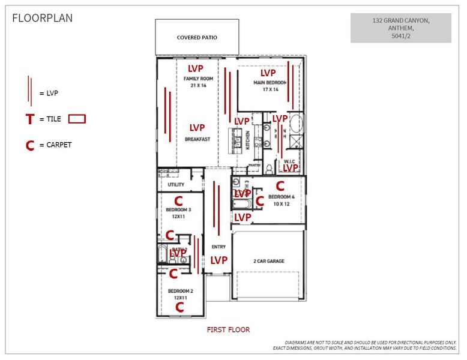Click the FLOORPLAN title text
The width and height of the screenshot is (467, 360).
(x=43, y=18)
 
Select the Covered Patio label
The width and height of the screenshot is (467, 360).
(x=197, y=38)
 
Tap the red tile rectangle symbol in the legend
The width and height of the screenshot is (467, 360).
(x=77, y=119)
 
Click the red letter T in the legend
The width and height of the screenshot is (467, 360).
(x=29, y=119)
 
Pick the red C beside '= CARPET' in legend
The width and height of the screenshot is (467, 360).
(x=29, y=145)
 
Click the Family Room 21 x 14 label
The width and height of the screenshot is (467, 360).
(x=198, y=82)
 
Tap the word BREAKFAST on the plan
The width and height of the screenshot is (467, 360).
(x=197, y=139)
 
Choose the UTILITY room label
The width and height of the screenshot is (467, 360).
(x=176, y=185)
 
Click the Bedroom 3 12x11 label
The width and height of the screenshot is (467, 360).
(x=178, y=213)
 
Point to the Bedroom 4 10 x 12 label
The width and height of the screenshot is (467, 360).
(x=281, y=200)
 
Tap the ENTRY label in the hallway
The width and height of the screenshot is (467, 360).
(x=218, y=247)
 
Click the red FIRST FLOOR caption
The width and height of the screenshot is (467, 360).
(x=228, y=329)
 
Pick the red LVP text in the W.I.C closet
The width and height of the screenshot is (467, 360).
(x=291, y=168)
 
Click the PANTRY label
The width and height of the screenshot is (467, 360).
(x=255, y=164)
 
